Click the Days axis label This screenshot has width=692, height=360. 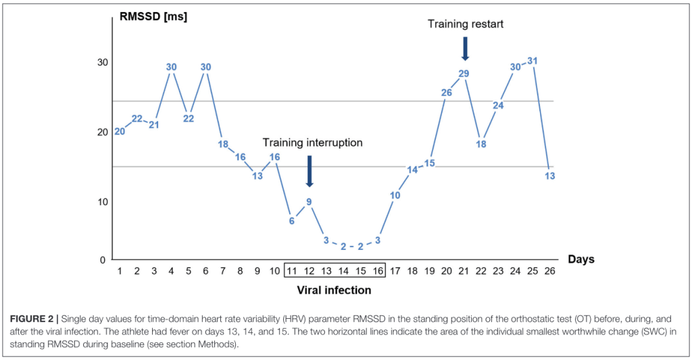click(581, 259)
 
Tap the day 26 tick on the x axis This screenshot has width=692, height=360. click(549, 271)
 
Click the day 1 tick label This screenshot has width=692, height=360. click(120, 271)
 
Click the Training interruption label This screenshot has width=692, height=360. click(312, 143)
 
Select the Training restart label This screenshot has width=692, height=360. click(466, 24)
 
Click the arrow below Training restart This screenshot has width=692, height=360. click(465, 48)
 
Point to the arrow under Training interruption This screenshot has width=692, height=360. click(310, 171)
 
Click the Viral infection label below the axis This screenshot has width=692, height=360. click(334, 290)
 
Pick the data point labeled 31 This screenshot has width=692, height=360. click(533, 61)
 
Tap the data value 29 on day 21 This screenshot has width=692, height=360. click(464, 74)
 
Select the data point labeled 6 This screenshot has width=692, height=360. click(292, 221)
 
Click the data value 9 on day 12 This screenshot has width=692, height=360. click(309, 201)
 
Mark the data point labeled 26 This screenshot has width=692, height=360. click(447, 93)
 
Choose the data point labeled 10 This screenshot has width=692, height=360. click(395, 195)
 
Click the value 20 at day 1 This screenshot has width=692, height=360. click(120, 132)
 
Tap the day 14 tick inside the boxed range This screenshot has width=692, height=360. click(343, 271)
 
